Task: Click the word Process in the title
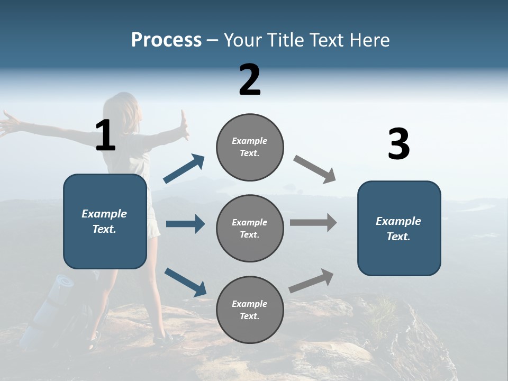pyautogui.click(x=166, y=40)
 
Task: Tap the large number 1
pyautogui.click(x=105, y=135)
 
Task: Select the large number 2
pyautogui.click(x=250, y=80)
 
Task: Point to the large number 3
pyautogui.click(x=398, y=144)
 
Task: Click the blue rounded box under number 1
pyautogui.click(x=105, y=221)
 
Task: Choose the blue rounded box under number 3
pyautogui.click(x=399, y=229)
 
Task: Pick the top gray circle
pyautogui.click(x=250, y=147)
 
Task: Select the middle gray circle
pyautogui.click(x=250, y=229)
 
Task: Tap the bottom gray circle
pyautogui.click(x=250, y=310)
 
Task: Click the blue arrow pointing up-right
pyautogui.click(x=184, y=169)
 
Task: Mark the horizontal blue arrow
pyautogui.click(x=185, y=224)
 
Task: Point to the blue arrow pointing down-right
pyautogui.click(x=185, y=282)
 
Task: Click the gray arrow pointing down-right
pyautogui.click(x=315, y=169)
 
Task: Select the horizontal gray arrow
pyautogui.click(x=313, y=223)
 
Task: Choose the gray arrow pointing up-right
pyautogui.click(x=312, y=280)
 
